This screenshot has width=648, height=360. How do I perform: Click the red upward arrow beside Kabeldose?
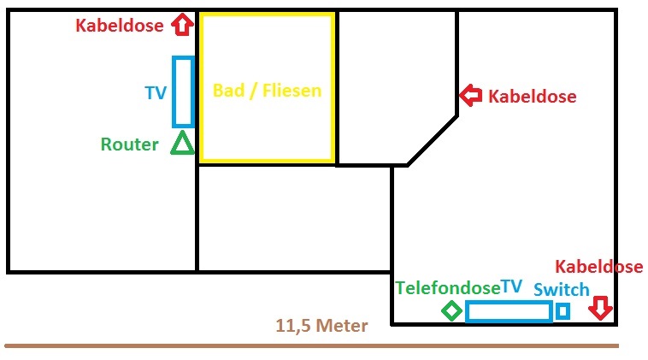181,25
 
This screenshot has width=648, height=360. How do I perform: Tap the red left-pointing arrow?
470,96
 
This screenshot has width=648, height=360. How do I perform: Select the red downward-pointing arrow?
600,308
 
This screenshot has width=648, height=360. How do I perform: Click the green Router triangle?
182,143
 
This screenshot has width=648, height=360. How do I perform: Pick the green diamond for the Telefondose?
451,310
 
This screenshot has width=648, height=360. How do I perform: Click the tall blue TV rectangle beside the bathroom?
183,91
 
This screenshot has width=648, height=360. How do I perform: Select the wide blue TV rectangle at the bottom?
509,311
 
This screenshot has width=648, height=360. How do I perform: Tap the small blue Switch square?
563,311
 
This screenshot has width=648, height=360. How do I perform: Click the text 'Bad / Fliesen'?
267,90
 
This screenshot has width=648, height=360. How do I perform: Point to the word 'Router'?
129,145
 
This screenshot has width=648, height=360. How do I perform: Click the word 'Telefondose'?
447,287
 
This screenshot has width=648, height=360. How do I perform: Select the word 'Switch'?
562,290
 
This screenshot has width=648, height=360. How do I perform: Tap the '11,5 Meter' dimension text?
321,326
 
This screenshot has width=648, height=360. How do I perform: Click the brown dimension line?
311,345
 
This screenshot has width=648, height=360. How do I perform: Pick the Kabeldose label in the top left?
119,26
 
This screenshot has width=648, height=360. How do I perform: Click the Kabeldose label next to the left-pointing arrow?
532,97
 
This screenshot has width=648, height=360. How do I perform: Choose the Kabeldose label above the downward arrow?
598,267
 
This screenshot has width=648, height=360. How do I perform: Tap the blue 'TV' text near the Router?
156,93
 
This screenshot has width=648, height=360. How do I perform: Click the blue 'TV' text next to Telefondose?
511,286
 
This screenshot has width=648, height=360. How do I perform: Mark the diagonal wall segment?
433,138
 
